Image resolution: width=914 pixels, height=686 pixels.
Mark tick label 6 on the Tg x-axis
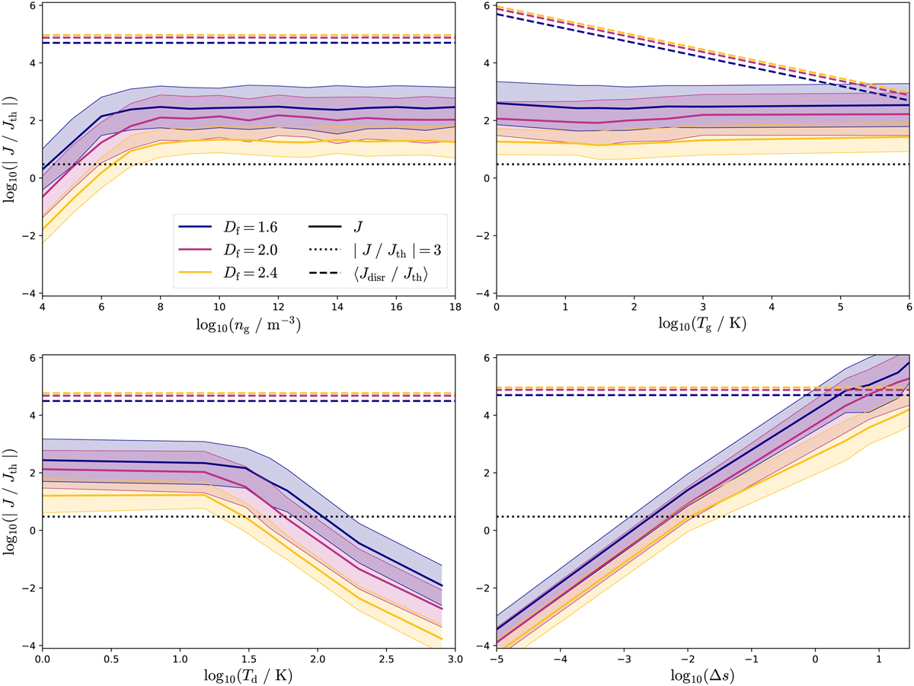(x=909, y=307)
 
